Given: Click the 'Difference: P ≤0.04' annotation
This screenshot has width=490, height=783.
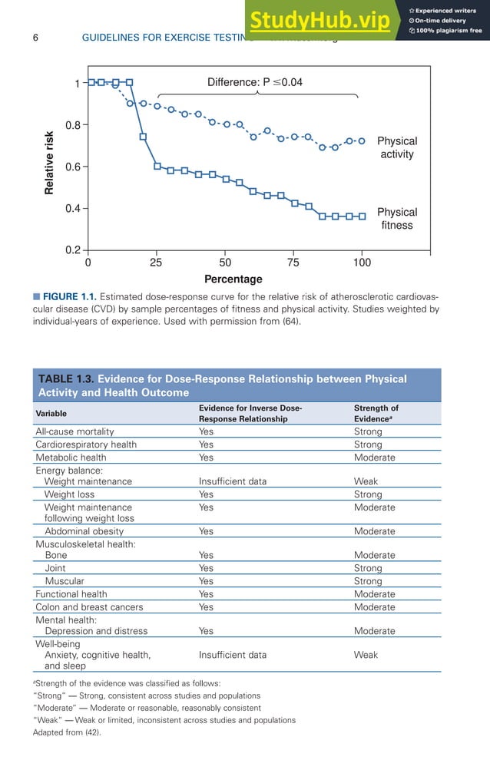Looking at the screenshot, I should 254,82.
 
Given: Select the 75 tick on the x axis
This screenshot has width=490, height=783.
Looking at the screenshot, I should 293,263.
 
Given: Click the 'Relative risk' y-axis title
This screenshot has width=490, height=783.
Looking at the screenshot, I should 50,161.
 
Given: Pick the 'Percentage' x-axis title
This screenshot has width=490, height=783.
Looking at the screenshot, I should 233,279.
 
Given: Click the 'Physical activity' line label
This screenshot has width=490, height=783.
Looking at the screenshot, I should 397,147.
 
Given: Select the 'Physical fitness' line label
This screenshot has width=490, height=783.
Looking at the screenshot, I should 397,219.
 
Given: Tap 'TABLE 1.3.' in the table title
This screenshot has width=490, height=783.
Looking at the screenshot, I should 66,379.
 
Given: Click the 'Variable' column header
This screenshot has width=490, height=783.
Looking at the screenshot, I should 51,414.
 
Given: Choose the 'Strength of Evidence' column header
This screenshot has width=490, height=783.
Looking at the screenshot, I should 376,414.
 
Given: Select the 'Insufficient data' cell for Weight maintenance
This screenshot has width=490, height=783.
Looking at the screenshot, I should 233,481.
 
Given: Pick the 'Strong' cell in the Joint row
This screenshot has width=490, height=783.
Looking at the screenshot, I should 368,568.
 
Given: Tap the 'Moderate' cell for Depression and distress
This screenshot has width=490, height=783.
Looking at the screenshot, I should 375,631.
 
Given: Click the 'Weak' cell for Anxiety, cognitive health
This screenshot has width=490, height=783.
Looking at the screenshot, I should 366,655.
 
